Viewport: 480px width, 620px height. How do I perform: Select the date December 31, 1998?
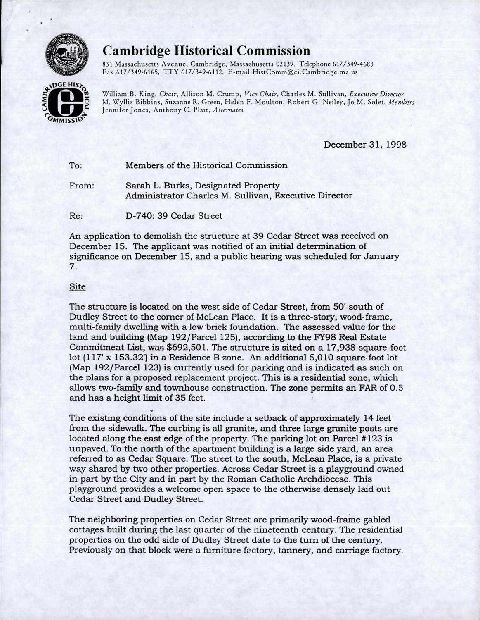pos(365,145)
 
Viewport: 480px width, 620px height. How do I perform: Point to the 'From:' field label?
pos(82,186)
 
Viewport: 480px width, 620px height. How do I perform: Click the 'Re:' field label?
pos(76,216)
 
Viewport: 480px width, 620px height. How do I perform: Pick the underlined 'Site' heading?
pos(78,287)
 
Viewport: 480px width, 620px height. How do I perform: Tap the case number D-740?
pos(139,216)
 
